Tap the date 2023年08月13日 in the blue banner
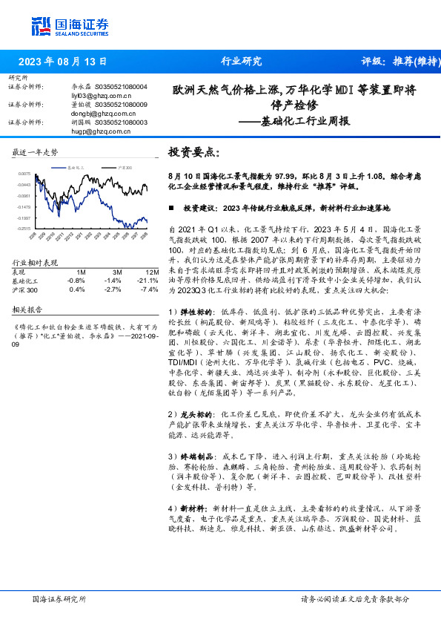click(x=62, y=62)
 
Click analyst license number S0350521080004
click(x=119, y=87)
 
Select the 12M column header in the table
click(x=153, y=272)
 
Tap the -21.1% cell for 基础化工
click(x=150, y=281)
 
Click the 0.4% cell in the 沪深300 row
click(x=76, y=289)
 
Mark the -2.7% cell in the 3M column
click(x=113, y=289)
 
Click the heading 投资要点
click(x=193, y=152)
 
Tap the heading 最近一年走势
click(x=36, y=152)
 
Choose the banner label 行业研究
click(x=241, y=62)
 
